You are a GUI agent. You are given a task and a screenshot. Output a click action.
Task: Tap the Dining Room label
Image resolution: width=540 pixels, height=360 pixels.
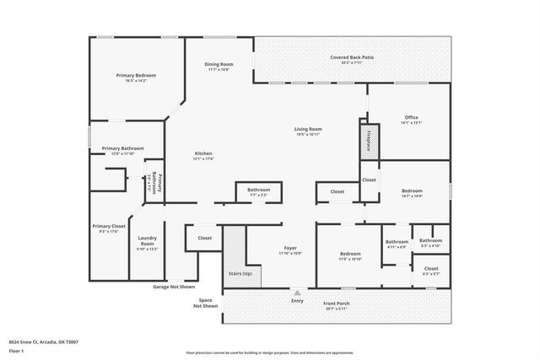[x=219, y=64]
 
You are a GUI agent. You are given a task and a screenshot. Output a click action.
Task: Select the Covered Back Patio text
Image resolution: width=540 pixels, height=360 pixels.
[x=352, y=57]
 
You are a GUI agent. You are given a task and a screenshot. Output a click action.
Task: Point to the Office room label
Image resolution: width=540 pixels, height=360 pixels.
[x=411, y=117]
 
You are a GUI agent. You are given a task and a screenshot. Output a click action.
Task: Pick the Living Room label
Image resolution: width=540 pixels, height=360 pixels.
[x=308, y=129]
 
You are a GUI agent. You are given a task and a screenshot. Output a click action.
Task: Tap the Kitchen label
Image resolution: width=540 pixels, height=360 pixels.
[x=203, y=153]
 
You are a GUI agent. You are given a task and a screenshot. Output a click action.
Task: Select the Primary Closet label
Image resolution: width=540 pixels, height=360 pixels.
[x=108, y=226]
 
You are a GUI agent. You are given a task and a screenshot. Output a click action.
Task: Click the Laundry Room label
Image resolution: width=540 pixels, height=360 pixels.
[x=148, y=241]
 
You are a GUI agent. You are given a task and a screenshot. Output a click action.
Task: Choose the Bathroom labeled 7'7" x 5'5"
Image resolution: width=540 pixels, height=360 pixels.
[x=258, y=190]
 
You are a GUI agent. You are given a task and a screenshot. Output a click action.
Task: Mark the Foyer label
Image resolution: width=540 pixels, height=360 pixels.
[x=290, y=248]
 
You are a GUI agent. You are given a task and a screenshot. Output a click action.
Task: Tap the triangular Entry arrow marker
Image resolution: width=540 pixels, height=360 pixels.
[x=296, y=293]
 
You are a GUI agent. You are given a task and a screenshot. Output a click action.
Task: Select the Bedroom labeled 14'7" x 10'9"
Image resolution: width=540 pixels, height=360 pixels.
[x=412, y=191]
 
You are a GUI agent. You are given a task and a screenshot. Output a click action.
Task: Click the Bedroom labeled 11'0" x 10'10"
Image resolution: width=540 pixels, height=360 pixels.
[x=350, y=254]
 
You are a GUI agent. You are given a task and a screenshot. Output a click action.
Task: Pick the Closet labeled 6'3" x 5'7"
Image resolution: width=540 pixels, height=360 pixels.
[x=430, y=269]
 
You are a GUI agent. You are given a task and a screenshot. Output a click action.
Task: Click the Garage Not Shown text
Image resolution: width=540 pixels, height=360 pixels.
[x=174, y=287]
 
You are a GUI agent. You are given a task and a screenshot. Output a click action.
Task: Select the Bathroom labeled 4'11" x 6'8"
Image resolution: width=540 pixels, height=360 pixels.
[x=397, y=242]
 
